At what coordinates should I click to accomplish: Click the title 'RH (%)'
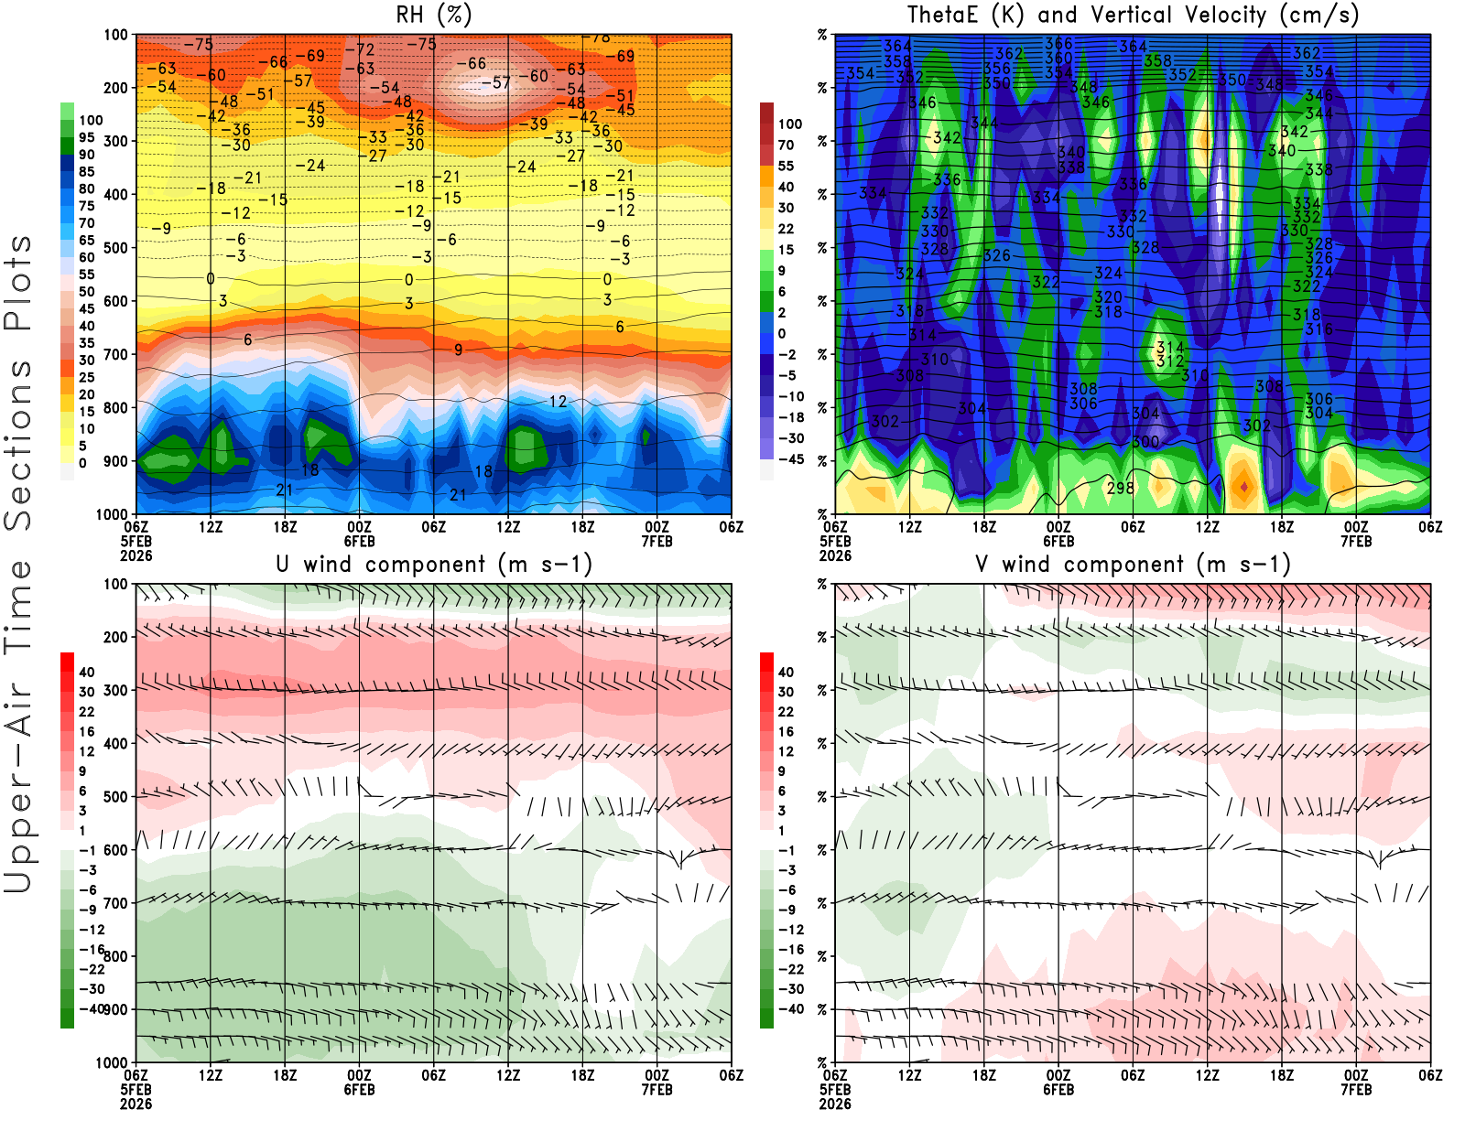click(434, 15)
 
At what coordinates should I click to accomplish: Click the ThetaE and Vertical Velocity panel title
click(1133, 15)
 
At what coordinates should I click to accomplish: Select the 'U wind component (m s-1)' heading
click(434, 564)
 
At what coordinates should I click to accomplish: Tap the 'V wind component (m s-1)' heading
click(1133, 564)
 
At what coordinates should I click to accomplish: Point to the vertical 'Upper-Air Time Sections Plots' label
click(18, 564)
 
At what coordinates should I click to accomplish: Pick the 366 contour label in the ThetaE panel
click(1058, 43)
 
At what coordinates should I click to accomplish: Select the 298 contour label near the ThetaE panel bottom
click(1121, 488)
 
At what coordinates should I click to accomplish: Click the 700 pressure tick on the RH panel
click(116, 354)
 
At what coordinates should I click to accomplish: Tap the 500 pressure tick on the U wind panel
click(116, 797)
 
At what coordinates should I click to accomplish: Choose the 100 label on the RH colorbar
click(91, 120)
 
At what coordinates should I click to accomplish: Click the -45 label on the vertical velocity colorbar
click(790, 459)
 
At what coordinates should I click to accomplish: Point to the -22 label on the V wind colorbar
click(790, 969)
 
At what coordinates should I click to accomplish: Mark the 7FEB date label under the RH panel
click(657, 541)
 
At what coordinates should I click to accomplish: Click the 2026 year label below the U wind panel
click(136, 1104)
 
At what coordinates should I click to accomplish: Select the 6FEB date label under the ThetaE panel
click(1058, 541)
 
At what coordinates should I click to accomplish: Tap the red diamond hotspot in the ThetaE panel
click(1243, 487)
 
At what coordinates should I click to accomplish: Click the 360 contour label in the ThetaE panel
click(1058, 58)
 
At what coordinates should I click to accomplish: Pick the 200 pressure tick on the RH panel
click(116, 88)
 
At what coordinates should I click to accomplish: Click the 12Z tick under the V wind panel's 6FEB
click(1207, 1075)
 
